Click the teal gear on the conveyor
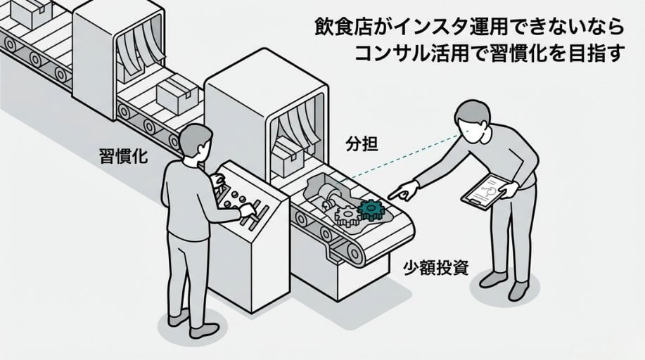(371, 208)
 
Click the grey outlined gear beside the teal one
(346, 216)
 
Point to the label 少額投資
(436, 267)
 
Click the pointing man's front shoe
(493, 279)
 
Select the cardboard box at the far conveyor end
(33, 9)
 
